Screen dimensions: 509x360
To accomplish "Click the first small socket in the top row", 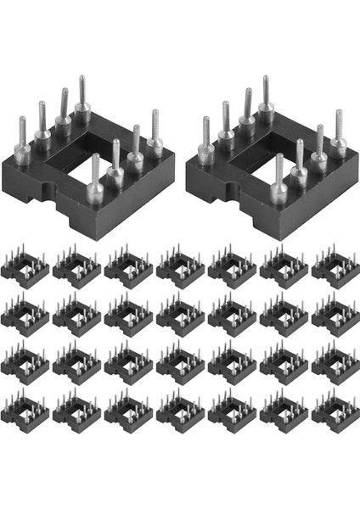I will coord(25,266).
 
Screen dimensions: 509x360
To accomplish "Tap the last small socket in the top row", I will coord(335,266).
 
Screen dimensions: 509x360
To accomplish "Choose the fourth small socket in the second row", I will coord(180,315).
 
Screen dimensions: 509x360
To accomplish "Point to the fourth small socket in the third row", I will coord(180,363).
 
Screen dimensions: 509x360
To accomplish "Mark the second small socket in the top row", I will coord(76,266).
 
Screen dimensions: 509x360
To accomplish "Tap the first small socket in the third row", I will coord(25,363).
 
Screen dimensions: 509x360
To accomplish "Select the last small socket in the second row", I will coord(335,315).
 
